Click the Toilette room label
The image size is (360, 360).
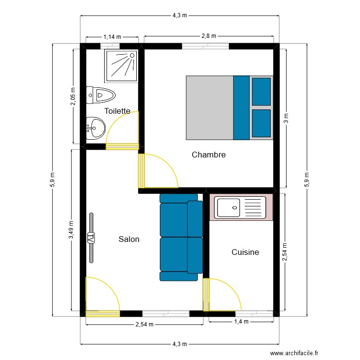click(117, 111)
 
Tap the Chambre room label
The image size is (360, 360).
click(208, 155)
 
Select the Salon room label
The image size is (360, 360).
click(129, 239)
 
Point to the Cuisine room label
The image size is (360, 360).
click(245, 252)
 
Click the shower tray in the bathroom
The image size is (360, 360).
click(120, 64)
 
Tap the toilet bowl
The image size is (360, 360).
click(101, 95)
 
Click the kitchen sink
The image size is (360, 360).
click(241, 207)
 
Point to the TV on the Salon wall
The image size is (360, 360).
click(91, 238)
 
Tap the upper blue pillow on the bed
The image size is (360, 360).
click(261, 91)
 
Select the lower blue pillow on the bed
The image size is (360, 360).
click(261, 124)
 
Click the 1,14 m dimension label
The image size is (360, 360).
click(112, 36)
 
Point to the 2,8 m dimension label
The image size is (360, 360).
click(209, 36)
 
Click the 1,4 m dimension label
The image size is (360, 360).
click(240, 322)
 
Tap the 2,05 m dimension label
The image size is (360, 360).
click(73, 99)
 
